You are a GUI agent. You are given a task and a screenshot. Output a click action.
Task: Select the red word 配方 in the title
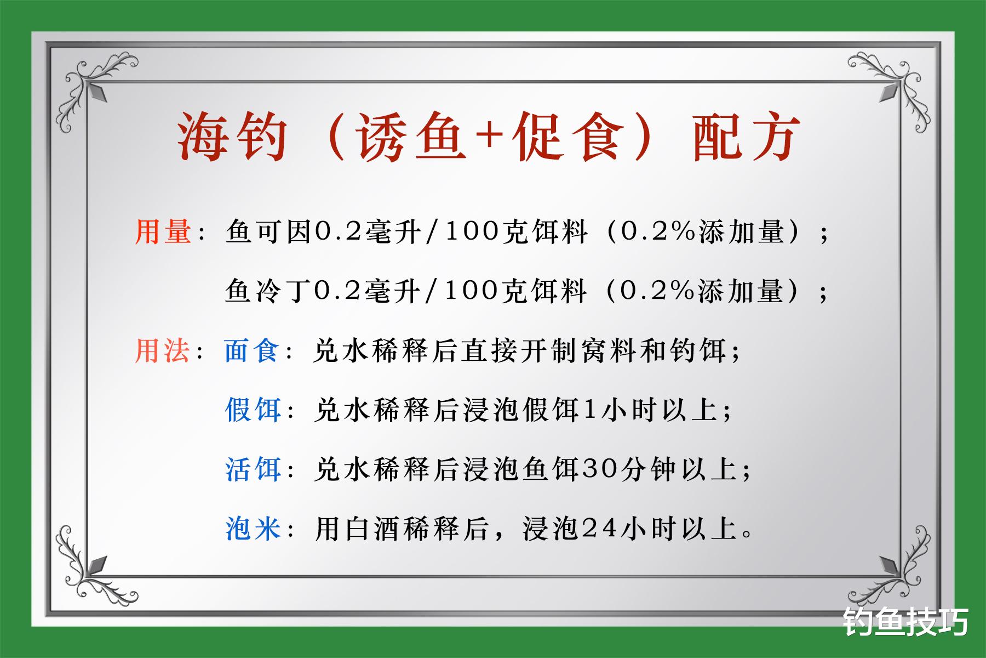point(747,138)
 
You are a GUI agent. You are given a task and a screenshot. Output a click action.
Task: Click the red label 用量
point(163,232)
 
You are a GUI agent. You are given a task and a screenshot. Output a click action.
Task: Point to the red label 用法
point(163,350)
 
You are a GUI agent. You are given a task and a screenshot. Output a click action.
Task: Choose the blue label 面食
point(252,350)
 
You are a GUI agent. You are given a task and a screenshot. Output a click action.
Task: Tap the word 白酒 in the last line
point(375,529)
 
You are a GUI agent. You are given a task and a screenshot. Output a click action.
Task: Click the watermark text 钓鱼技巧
point(907,622)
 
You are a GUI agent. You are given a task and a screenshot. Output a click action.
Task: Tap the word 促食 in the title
point(567,138)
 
